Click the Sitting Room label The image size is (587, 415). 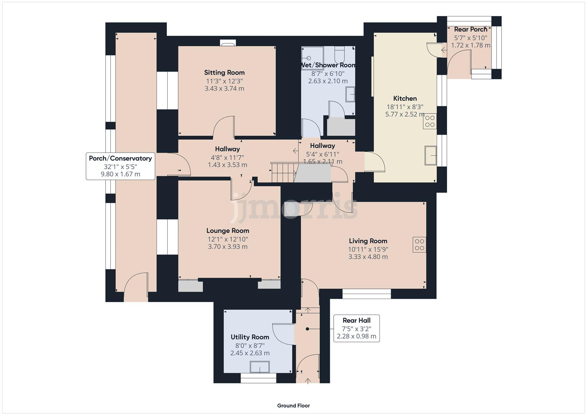224,72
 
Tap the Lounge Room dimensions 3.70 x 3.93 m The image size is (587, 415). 228,247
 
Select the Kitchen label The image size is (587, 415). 405,98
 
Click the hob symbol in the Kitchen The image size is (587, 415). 430,121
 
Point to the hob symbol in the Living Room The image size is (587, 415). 419,245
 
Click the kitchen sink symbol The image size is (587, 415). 431,156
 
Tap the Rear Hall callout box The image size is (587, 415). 356,329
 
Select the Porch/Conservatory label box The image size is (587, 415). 120,166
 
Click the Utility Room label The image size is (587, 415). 249,337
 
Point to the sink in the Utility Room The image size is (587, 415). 260,367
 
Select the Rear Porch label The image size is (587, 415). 471,29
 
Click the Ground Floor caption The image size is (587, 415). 293,405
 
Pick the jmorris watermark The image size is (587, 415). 294,207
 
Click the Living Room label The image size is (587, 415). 368,241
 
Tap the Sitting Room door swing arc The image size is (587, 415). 224,127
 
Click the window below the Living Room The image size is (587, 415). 367,294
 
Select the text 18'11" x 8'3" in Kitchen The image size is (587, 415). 405,107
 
